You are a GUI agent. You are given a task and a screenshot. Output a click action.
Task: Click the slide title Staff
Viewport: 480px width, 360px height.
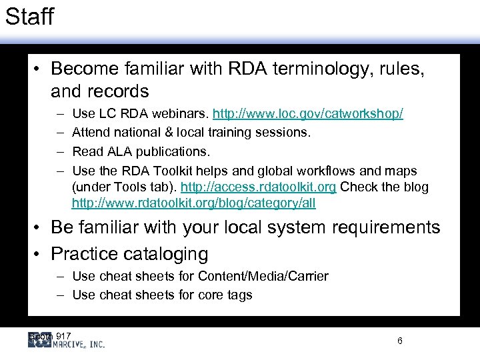coord(29,17)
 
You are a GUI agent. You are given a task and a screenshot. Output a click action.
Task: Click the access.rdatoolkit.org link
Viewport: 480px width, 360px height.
coord(259,187)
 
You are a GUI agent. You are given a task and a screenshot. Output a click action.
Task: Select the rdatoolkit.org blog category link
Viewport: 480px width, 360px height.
coord(194,203)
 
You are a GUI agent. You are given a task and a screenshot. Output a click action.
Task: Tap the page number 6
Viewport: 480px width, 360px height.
coord(399,341)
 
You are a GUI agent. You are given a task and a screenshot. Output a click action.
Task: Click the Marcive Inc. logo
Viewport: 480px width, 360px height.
coord(67,341)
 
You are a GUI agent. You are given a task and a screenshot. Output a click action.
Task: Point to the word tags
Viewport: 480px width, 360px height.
coord(239,295)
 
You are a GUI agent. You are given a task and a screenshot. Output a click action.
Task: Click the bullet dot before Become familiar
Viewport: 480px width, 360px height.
coord(41,69)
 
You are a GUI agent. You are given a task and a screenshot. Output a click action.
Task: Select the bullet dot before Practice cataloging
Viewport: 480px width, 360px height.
coord(41,254)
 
